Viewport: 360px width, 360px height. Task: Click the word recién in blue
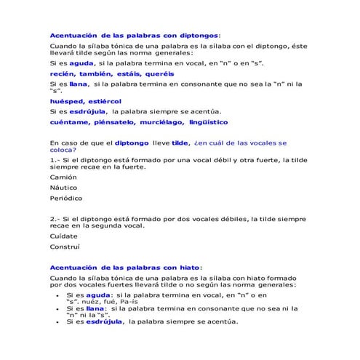[x=62, y=73]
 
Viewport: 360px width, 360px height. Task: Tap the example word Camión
[x=63, y=177]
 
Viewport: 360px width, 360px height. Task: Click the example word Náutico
[x=64, y=187]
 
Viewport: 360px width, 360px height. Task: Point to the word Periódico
[x=66, y=198]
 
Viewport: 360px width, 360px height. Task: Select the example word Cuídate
[x=63, y=236]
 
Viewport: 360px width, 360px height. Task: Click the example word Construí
[x=65, y=247]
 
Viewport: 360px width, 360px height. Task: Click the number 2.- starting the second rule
[x=55, y=219]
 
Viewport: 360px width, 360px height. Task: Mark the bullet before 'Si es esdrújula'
[x=57, y=321]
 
